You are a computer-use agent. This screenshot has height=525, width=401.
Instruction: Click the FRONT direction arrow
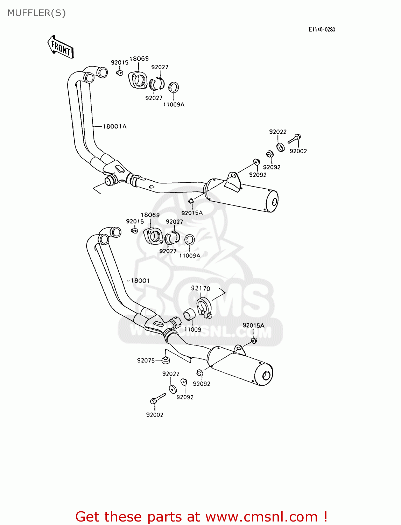coord(61,47)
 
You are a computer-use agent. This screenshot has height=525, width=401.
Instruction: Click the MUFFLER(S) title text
coord(36,13)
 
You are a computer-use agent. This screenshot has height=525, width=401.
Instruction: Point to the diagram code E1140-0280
coord(322,29)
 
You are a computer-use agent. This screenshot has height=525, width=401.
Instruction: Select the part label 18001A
coord(114,126)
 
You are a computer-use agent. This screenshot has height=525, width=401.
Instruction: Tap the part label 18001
coord(140,281)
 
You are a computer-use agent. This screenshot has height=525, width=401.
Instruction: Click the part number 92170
coord(200,288)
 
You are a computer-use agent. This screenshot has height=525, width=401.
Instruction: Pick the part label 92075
coord(146,360)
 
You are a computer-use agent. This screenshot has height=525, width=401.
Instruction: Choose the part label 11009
coord(192,329)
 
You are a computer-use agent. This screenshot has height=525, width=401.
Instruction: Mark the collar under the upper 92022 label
coord(281,147)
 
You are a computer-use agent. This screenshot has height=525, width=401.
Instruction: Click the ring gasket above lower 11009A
coord(189,240)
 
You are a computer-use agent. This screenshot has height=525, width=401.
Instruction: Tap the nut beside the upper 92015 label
coord(120,73)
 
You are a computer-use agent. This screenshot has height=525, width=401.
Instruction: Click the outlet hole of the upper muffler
coord(274,202)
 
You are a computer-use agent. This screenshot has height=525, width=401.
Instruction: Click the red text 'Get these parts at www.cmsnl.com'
coord(201,517)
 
